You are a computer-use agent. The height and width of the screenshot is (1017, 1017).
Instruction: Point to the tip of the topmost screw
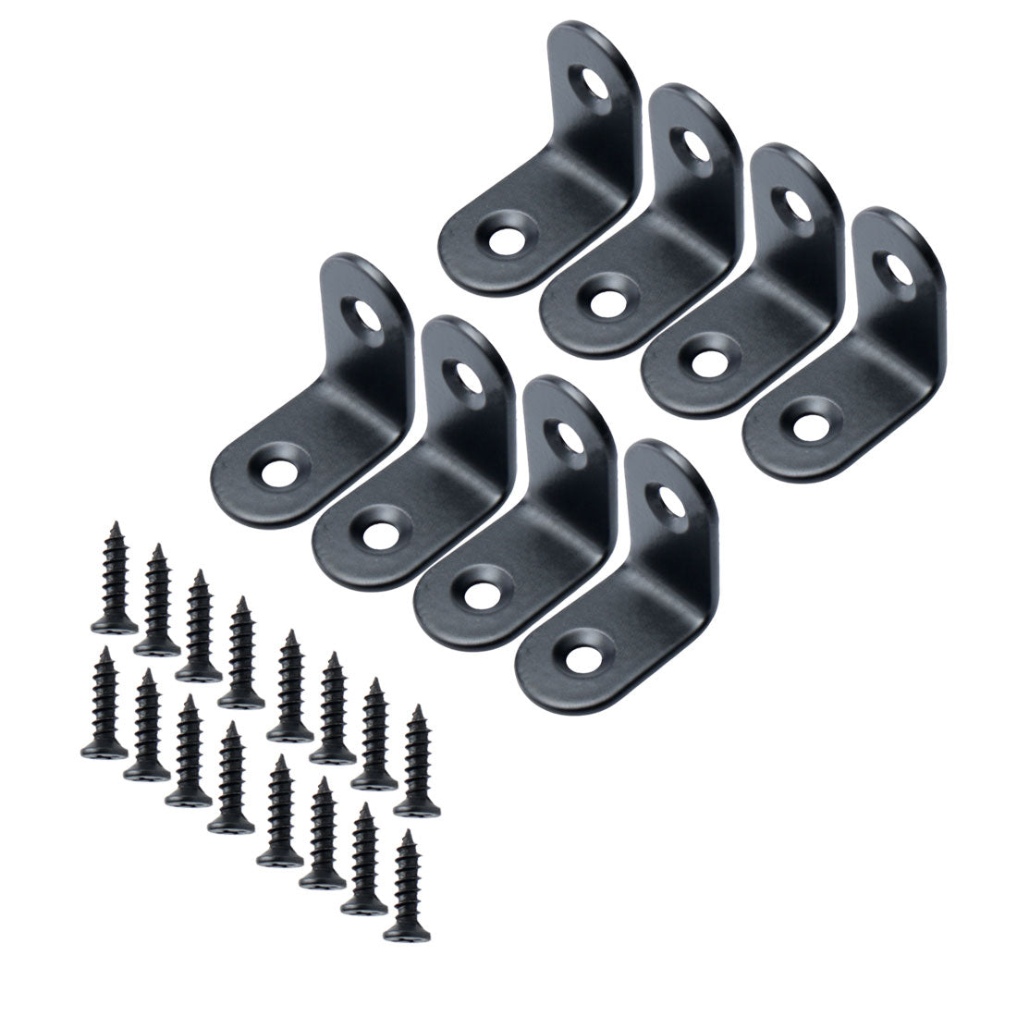click(x=117, y=525)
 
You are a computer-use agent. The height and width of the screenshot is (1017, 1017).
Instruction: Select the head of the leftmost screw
click(x=104, y=750)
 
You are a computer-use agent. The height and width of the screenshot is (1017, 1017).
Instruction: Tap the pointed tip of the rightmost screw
click(x=418, y=708)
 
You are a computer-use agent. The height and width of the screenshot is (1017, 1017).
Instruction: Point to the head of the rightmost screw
click(x=415, y=806)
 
